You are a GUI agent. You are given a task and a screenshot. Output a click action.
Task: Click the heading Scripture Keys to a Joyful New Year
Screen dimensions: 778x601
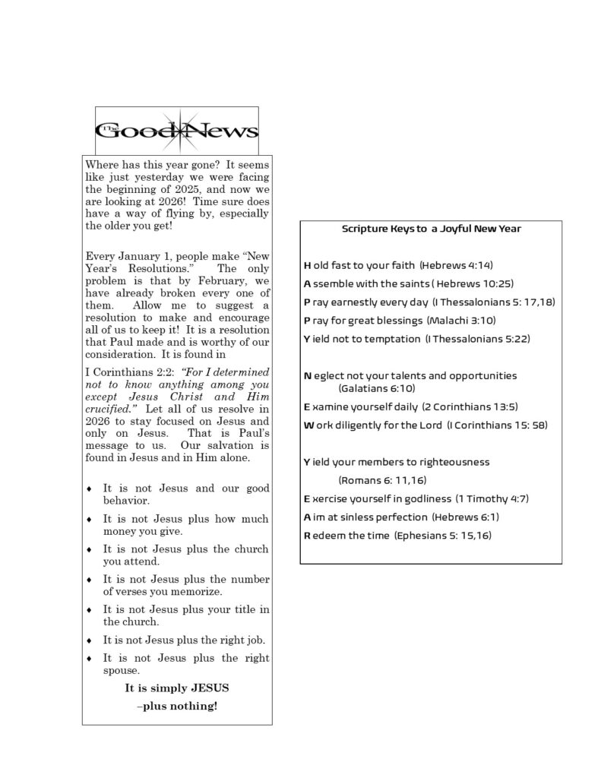[431, 229]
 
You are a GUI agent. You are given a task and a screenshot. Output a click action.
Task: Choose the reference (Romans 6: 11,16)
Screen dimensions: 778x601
[382, 480]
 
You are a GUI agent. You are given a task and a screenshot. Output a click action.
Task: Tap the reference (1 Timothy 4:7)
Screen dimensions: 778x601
[492, 498]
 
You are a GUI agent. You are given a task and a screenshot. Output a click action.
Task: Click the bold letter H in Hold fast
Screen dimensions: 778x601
[307, 265]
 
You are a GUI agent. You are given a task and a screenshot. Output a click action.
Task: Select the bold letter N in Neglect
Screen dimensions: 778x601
[307, 375]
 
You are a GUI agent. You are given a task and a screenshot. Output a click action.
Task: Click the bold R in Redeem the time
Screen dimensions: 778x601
[307, 535]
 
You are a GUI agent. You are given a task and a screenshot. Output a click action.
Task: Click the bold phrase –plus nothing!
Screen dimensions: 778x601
[177, 706]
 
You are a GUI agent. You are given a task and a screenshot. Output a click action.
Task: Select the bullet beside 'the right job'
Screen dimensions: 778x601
[90, 640]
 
